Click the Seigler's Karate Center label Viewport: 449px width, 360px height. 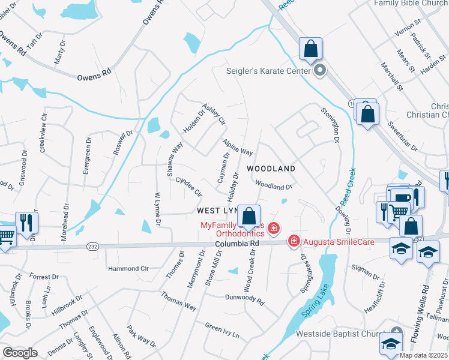tap(268, 71)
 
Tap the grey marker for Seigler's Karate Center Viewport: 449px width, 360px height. tap(320, 71)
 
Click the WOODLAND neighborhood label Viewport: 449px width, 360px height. tap(271, 169)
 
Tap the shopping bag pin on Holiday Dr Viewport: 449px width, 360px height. tap(249, 215)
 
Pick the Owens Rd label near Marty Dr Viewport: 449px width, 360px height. tap(94, 76)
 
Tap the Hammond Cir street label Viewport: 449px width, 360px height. tap(128, 268)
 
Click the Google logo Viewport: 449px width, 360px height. tap(20, 353)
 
